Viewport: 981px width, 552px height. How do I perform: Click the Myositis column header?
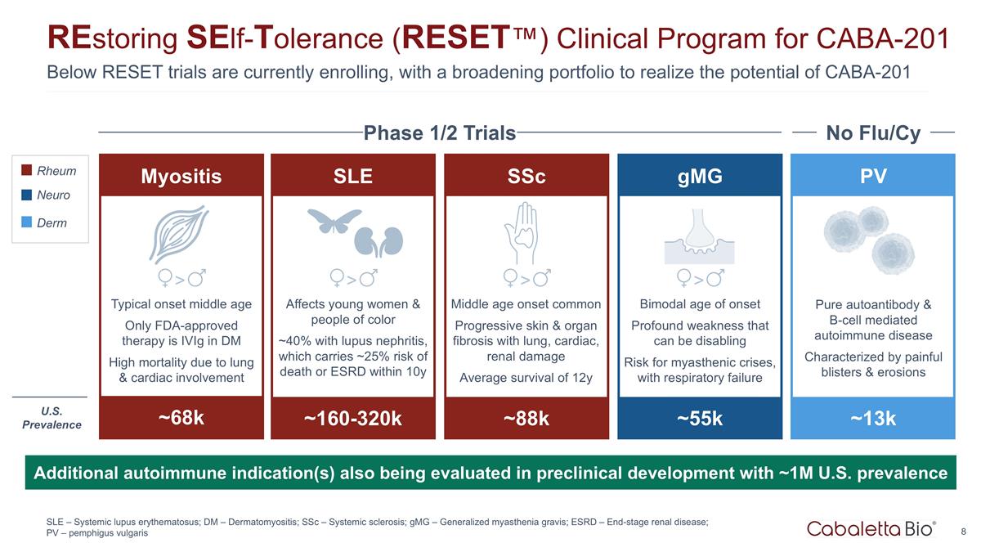[181, 176]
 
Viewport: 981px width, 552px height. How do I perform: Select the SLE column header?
[353, 176]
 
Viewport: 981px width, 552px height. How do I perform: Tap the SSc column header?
[526, 176]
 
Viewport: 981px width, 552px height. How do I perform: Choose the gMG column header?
[700, 176]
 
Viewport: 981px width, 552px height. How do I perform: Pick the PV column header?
[873, 176]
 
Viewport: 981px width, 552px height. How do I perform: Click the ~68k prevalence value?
[181, 418]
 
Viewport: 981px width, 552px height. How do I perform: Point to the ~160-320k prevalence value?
[353, 419]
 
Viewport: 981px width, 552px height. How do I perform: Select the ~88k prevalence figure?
[526, 419]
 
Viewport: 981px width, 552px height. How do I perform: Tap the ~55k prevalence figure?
[700, 419]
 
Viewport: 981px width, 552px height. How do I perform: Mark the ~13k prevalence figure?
[873, 419]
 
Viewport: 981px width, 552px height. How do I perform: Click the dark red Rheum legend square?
[27, 171]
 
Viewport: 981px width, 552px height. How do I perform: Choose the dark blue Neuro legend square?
[27, 195]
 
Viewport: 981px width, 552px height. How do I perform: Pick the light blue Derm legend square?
[27, 222]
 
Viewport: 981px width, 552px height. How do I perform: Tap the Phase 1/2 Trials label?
[440, 132]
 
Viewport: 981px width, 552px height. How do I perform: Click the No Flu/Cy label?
[873, 132]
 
